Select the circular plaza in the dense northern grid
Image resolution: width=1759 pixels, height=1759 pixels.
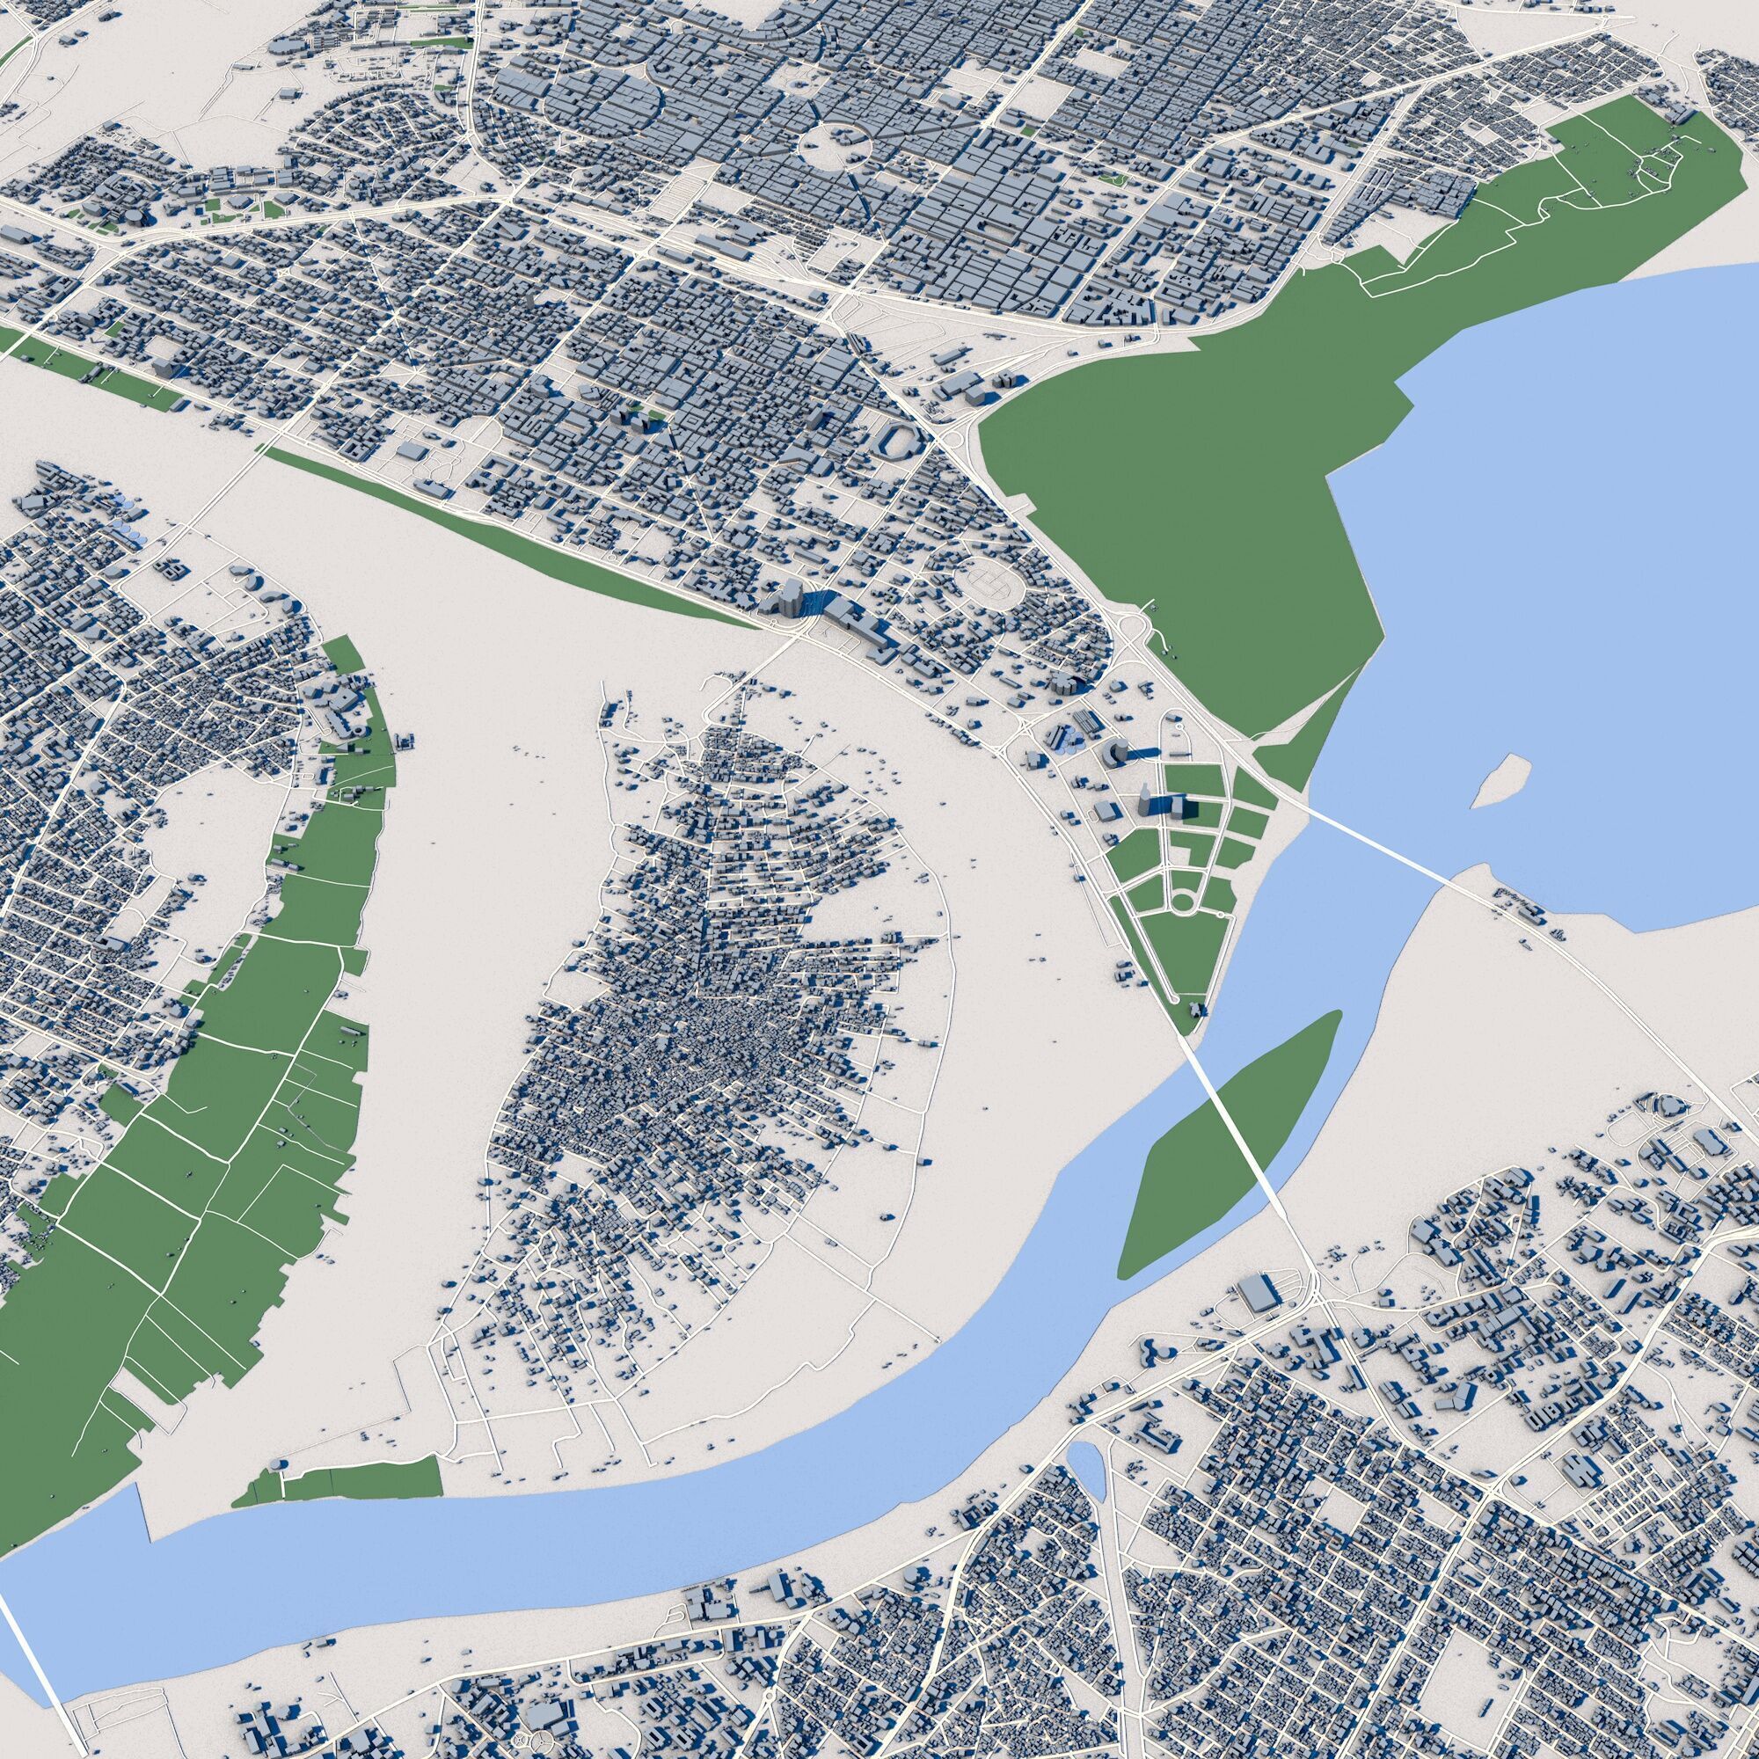point(835,146)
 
